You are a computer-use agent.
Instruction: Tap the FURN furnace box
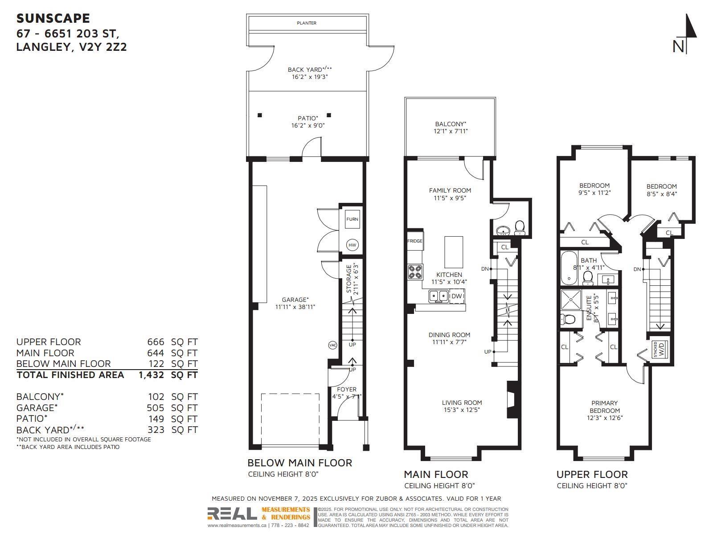352,219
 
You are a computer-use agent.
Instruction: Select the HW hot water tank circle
352,245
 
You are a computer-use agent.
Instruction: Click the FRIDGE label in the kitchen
414,241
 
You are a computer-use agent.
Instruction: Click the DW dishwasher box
457,296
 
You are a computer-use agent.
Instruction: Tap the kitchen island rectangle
454,252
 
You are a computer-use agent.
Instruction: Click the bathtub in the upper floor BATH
568,268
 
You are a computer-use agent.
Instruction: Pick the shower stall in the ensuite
571,300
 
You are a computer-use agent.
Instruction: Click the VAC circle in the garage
332,345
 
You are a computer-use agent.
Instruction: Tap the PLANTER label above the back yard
307,23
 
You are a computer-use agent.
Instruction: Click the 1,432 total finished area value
151,375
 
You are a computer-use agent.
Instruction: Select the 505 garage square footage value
156,407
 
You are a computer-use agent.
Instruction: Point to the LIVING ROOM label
462,403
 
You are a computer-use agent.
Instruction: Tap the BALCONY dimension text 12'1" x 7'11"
450,131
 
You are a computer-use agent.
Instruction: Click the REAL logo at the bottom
232,514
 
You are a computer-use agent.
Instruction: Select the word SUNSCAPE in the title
53,18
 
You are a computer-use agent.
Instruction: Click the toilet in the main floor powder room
520,228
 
